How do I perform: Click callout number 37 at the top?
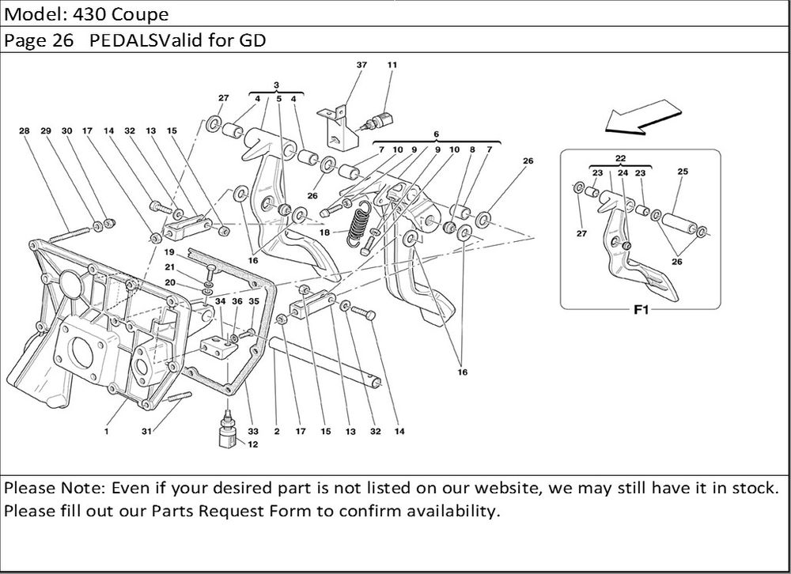tap(361, 65)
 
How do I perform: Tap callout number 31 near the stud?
tap(146, 432)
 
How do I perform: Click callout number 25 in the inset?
tap(683, 172)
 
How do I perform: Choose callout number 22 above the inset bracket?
tap(621, 159)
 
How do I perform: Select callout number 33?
tap(254, 432)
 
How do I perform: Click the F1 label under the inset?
tap(641, 311)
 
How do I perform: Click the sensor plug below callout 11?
tap(375, 120)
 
